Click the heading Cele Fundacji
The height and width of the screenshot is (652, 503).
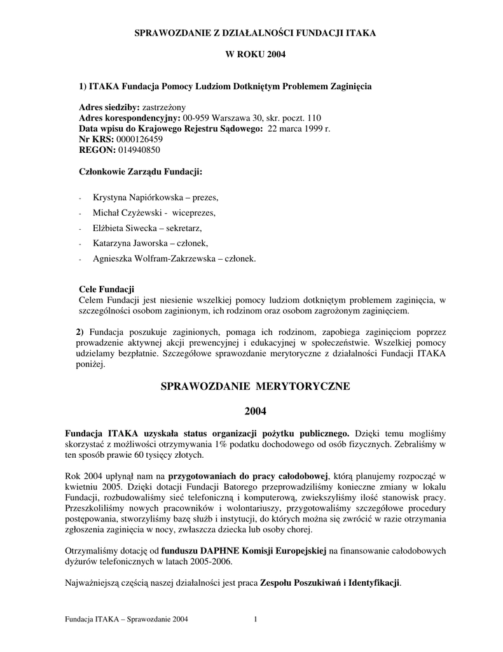pos(106,290)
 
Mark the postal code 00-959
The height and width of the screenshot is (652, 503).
pos(196,118)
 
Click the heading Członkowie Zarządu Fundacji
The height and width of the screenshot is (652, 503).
pos(141,172)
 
